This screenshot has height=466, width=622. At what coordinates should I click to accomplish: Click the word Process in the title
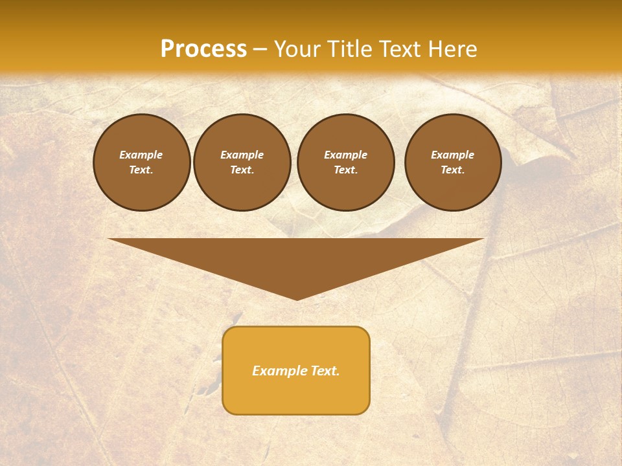pos(203,49)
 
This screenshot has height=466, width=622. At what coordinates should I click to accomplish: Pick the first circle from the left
pos(141,162)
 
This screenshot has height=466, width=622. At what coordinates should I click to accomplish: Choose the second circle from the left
pos(242,162)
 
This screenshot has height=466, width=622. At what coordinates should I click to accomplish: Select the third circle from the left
pos(345,162)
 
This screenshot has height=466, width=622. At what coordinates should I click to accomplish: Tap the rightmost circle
pos(452,162)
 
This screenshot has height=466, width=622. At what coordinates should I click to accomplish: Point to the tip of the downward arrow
pos(297,299)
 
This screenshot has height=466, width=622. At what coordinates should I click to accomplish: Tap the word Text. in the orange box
pos(325,371)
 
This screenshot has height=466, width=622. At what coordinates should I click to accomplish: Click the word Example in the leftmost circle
pos(141,155)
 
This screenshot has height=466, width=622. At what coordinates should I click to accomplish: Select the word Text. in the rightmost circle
pos(452,170)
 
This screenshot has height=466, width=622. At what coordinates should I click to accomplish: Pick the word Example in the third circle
pos(345,155)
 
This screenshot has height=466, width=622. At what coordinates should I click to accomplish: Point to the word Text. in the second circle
pos(242,170)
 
